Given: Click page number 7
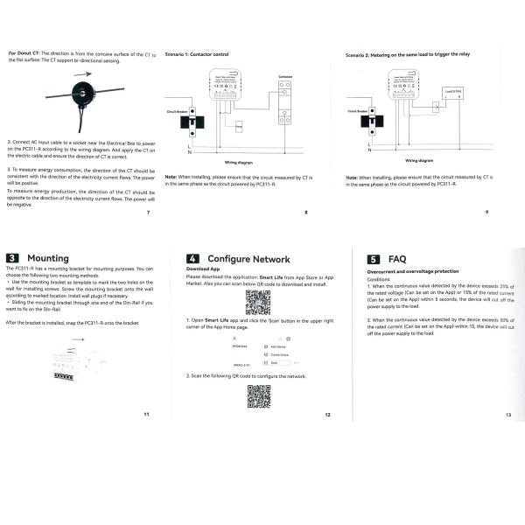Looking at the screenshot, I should click(149, 213).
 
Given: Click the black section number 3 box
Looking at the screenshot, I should click(13, 258).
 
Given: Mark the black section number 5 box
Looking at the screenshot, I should click(373, 259).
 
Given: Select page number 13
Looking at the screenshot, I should click(507, 416).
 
